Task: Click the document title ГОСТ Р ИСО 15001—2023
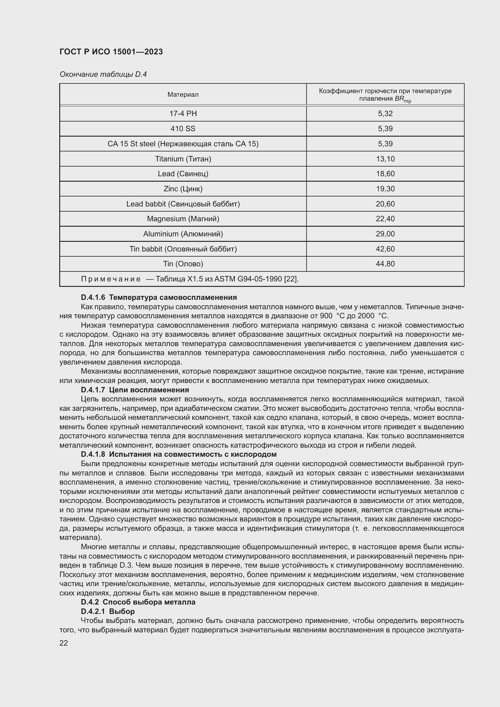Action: coord(111,52)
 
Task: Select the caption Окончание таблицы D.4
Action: coord(103,74)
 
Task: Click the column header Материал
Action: coord(183,95)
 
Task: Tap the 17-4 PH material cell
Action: coord(183,114)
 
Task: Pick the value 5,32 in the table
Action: coord(385,114)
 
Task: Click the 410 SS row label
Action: coord(183,129)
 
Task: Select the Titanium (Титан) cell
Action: coord(183,159)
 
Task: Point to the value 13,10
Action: coord(385,159)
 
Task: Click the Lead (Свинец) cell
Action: coord(183,174)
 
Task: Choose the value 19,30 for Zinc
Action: coord(385,189)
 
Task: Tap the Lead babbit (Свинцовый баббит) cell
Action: coord(183,204)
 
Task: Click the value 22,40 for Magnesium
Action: coord(385,219)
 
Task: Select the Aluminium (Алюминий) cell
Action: coord(183,234)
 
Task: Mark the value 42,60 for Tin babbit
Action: coord(385,249)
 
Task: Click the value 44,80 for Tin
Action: coord(385,264)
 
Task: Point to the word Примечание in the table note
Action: coord(111,279)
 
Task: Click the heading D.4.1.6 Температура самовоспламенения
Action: coord(159,297)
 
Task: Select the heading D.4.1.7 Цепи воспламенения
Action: coord(135,390)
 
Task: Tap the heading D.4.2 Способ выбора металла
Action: coord(138,602)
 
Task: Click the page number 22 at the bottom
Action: coord(64,643)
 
